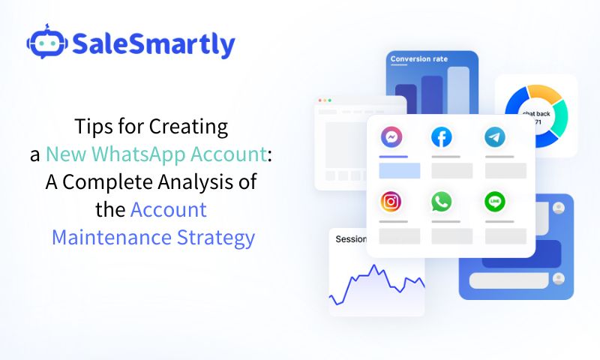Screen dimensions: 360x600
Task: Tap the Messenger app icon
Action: pos(391,137)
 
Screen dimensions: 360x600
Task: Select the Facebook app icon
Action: pos(442,137)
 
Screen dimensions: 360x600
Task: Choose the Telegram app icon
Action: pos(495,137)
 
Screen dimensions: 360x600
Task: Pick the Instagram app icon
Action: pos(391,202)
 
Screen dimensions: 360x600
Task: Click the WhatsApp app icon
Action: pos(442,202)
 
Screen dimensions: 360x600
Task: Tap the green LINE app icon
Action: pos(495,202)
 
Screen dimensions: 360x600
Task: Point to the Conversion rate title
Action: pos(418,59)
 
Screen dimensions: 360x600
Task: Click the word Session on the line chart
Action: pos(350,240)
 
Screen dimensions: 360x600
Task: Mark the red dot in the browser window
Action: pos(321,100)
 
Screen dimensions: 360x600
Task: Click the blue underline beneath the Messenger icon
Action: pos(394,157)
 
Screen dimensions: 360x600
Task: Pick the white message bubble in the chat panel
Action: pos(510,280)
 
